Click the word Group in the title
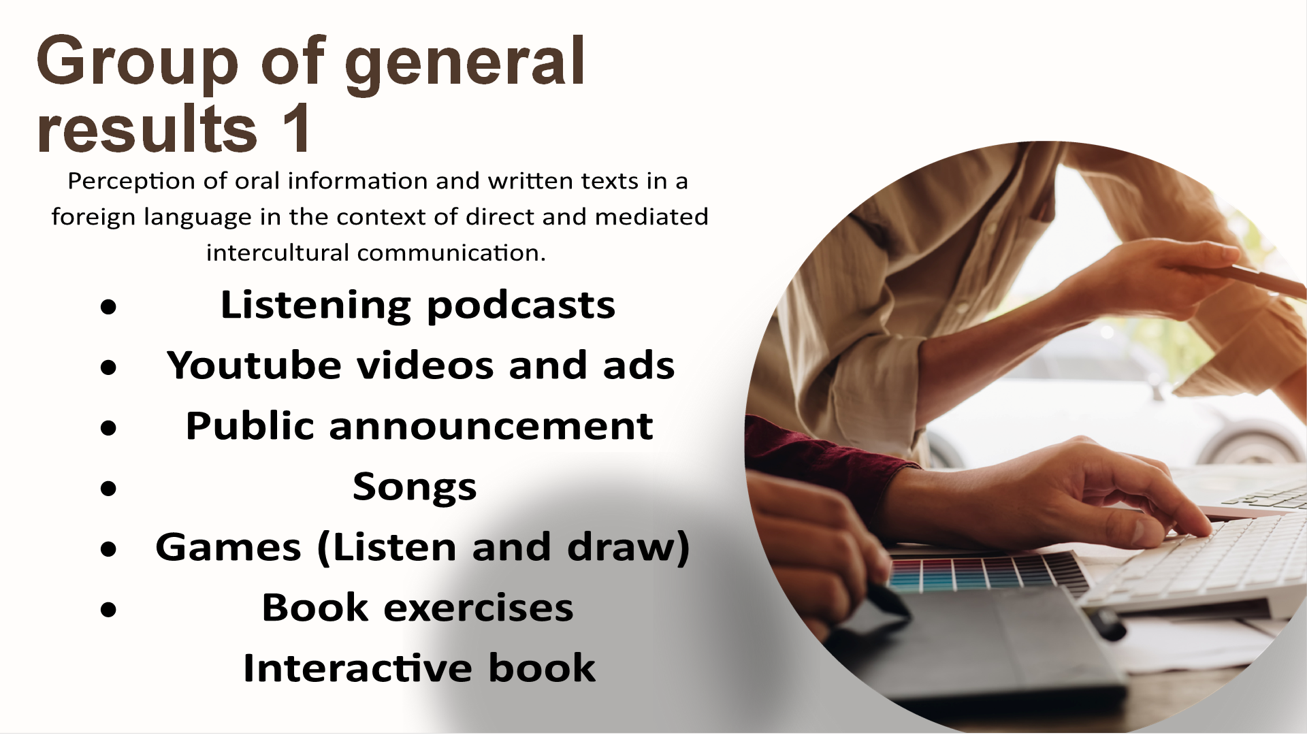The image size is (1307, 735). (138, 63)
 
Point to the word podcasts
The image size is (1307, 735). (521, 306)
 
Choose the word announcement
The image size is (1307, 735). (491, 426)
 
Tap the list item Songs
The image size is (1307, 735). (415, 488)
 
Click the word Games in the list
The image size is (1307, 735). (228, 547)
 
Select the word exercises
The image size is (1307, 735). (479, 608)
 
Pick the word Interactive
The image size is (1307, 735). (357, 668)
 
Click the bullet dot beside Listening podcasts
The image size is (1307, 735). (108, 308)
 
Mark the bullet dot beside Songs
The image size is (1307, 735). (108, 489)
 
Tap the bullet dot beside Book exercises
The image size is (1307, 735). (108, 610)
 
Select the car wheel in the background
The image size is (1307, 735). (1249, 446)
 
